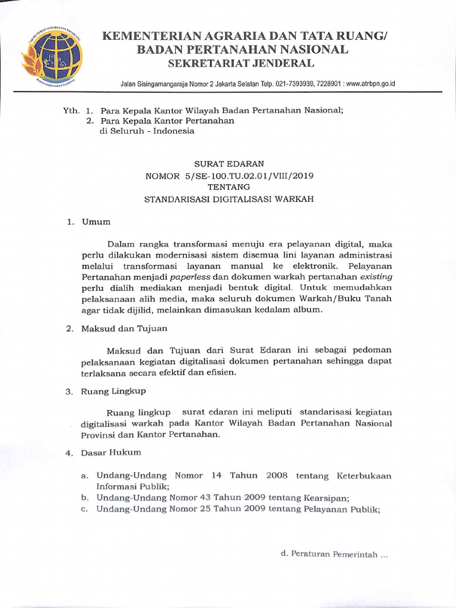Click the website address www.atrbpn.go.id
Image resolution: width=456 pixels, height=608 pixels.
[x=370, y=83]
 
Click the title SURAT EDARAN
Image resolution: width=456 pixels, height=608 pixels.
[x=229, y=163]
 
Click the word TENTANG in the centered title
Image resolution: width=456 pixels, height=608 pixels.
[x=229, y=187]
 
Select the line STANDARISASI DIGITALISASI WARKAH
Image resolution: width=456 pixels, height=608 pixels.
[x=229, y=199]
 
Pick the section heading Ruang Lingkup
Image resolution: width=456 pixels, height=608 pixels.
[x=113, y=391]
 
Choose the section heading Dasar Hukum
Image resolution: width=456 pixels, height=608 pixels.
[x=112, y=452]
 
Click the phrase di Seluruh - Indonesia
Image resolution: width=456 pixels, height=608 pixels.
[x=147, y=131]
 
